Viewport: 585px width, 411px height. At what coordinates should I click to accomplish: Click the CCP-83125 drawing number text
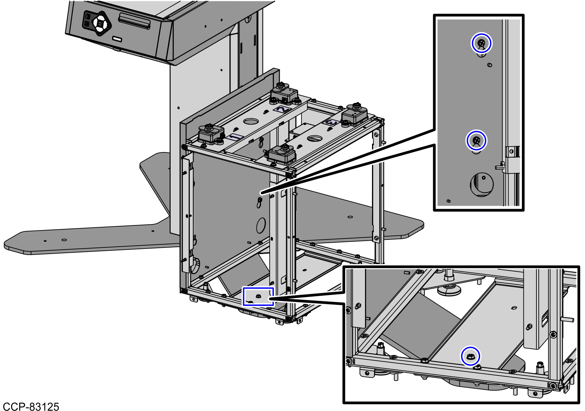click(31, 406)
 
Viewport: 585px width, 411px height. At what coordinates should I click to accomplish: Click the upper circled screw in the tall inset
click(481, 43)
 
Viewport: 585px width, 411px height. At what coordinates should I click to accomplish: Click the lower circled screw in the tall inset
click(477, 141)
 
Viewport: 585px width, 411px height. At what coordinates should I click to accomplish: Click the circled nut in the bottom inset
click(470, 357)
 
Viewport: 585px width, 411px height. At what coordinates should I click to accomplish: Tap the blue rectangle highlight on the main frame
click(258, 296)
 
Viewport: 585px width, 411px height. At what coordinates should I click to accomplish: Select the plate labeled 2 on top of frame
click(282, 109)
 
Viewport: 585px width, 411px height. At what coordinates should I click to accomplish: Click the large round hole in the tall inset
click(482, 184)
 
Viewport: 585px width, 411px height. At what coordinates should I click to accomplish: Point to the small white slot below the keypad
click(117, 39)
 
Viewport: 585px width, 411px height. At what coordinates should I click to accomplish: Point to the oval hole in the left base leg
click(64, 240)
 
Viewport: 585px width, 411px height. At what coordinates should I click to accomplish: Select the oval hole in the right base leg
click(350, 217)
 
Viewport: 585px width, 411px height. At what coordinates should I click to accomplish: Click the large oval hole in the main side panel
click(261, 225)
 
